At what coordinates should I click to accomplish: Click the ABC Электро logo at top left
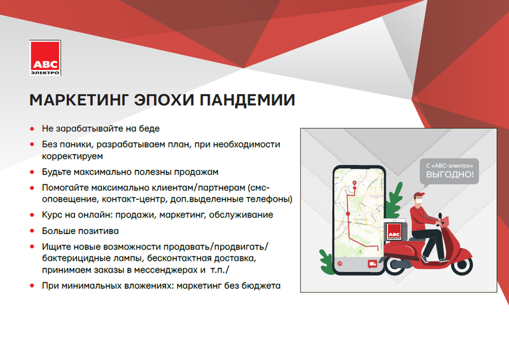click(x=45, y=58)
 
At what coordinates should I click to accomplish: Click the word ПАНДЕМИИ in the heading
click(x=247, y=100)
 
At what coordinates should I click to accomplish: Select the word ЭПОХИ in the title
click(x=164, y=100)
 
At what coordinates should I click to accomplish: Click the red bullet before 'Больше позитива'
click(x=32, y=231)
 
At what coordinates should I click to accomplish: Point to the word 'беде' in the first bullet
click(x=150, y=128)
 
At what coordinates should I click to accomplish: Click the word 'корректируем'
click(x=73, y=156)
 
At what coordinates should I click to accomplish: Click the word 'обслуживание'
click(x=241, y=215)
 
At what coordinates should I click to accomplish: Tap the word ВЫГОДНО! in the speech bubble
click(x=450, y=174)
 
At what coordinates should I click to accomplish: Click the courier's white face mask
click(x=421, y=201)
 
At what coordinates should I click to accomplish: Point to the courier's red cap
click(x=419, y=195)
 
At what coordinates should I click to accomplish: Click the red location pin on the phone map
click(x=354, y=183)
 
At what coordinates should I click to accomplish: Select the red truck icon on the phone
click(x=372, y=264)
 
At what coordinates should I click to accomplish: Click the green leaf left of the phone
click(x=326, y=261)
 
